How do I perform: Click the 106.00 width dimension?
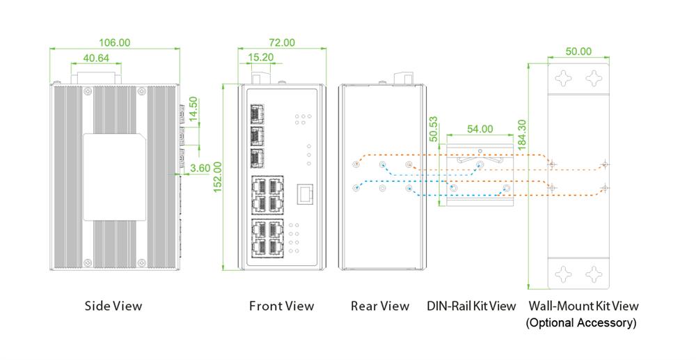[115, 42]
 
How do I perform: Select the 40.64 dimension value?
[96, 58]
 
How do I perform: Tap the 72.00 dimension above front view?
[281, 42]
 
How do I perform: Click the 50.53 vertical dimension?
[434, 130]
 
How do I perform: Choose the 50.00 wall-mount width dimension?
[578, 52]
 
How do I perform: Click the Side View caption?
[113, 306]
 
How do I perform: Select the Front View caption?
[281, 306]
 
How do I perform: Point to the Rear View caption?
[380, 306]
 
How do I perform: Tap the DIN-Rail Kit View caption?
[471, 306]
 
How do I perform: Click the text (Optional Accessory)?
[581, 322]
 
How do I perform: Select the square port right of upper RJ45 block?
[304, 194]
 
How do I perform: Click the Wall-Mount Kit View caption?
[583, 306]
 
